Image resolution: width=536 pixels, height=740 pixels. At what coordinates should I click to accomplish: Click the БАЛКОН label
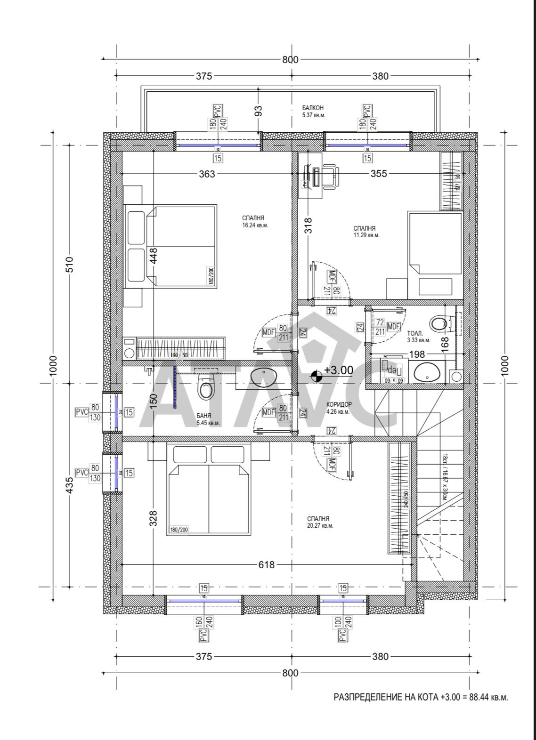pos(313,108)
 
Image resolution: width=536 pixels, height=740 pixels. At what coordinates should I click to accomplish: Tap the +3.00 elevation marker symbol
pos(317,375)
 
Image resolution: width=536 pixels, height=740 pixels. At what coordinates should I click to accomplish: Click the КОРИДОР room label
pos(339,404)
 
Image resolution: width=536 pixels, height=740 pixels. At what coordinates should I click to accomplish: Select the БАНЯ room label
pos(204,416)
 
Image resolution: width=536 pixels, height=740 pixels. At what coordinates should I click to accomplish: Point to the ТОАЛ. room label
pos(414,332)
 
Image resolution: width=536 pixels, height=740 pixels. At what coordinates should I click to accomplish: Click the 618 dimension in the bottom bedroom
pos(266,564)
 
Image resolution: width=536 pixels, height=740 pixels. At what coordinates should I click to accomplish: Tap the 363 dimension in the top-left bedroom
pos(206,174)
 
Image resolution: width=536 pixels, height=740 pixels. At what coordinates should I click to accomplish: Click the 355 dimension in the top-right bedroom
pos(378,174)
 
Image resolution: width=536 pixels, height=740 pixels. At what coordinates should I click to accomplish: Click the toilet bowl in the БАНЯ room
pos(206,387)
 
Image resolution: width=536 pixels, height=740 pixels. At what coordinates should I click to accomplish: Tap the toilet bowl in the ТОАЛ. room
pos(439,324)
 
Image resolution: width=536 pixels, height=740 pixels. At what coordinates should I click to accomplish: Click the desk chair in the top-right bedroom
pos(330,177)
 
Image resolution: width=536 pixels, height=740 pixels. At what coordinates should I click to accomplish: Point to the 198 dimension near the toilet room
pos(417,354)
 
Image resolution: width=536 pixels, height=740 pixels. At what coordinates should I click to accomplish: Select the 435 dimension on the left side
pos(69,484)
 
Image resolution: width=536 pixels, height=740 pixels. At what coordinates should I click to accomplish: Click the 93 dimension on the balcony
pos(258,111)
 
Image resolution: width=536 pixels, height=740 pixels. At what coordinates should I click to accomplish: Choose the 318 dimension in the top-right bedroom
pos(308,225)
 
